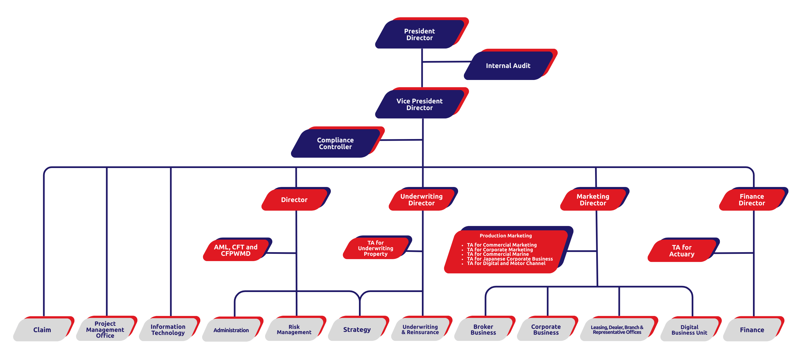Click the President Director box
(419, 34)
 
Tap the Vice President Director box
(419, 104)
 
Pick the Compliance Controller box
(335, 143)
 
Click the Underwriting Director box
(421, 200)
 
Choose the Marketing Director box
(593, 200)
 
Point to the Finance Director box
(752, 200)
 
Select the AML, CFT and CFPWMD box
(235, 250)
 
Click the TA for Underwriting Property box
(375, 248)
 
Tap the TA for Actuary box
(681, 251)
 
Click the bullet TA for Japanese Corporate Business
(510, 259)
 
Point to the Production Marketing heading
(506, 236)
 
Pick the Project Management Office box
(105, 329)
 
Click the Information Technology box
(168, 329)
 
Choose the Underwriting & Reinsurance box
(420, 329)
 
